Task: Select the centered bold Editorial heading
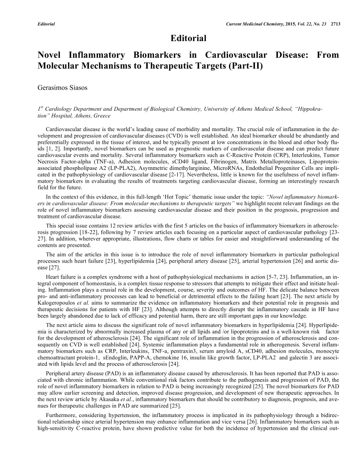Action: click(188, 38)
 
